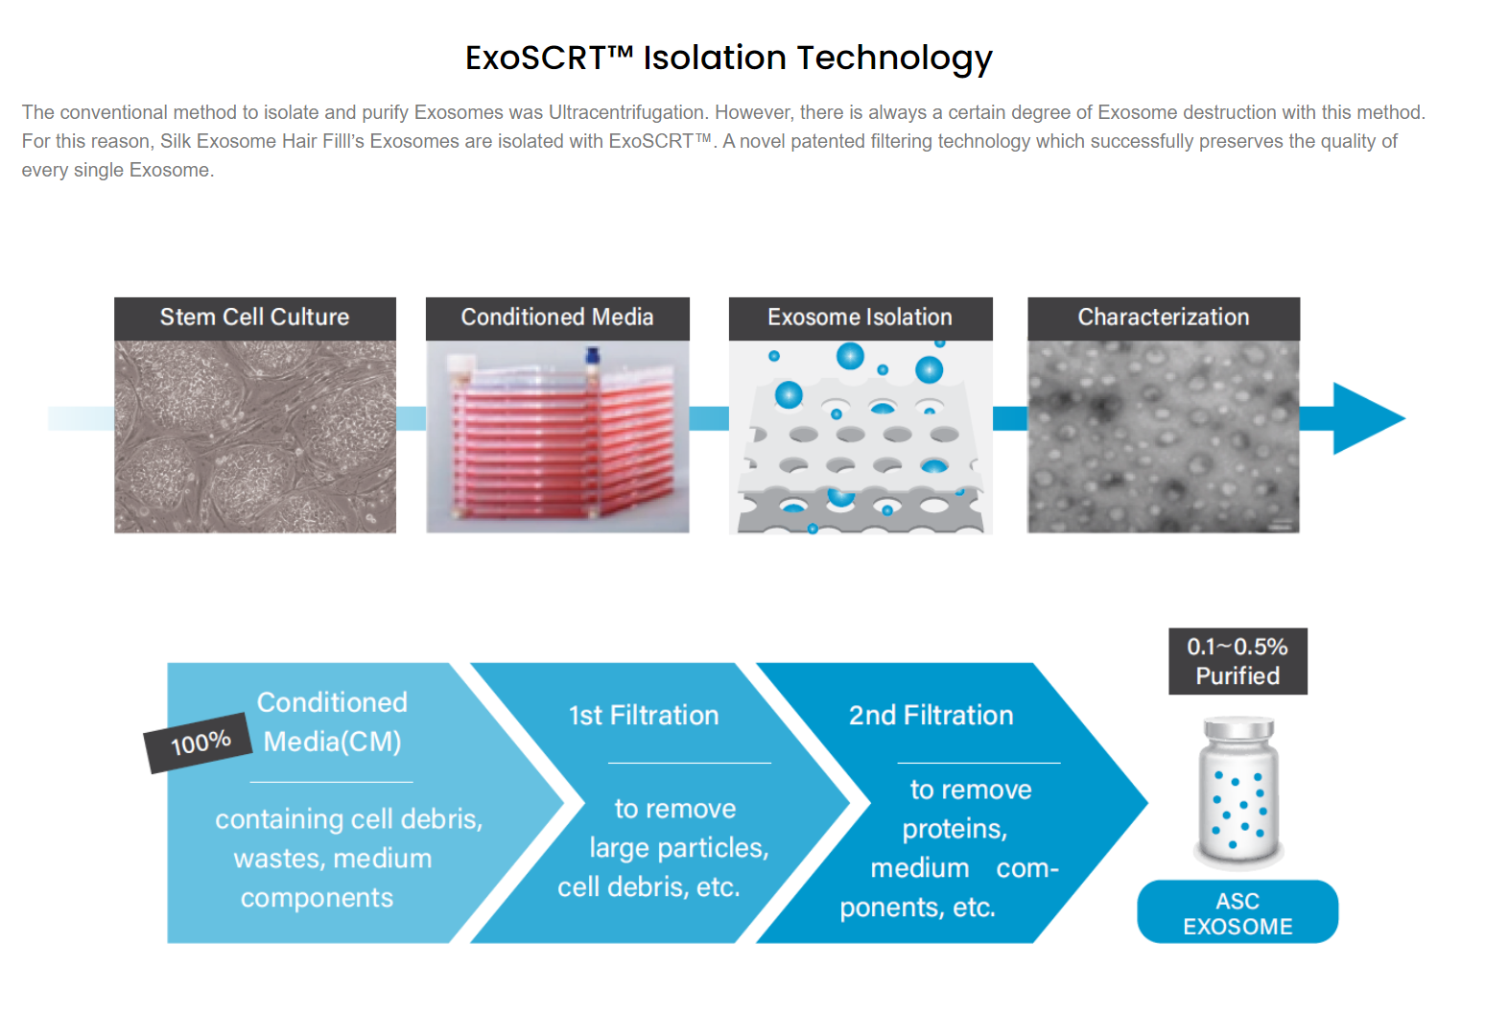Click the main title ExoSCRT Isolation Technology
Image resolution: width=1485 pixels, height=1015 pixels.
[728, 58]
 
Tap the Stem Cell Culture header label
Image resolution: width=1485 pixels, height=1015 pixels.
[254, 317]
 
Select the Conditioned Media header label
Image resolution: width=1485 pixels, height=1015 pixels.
[557, 317]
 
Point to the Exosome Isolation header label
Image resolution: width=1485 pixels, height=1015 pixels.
[860, 317]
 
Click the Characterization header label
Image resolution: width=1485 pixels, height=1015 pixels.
[1164, 317]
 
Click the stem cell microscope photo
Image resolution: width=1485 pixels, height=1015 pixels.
[254, 437]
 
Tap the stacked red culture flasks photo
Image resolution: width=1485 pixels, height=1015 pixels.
[557, 437]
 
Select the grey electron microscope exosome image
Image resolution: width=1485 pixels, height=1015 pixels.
[1164, 437]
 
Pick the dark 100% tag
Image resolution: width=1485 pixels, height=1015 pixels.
[199, 743]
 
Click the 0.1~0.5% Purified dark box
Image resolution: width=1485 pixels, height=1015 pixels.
[1237, 661]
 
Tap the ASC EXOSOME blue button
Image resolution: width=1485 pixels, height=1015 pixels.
[1237, 912]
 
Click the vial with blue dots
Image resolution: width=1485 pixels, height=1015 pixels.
[1238, 792]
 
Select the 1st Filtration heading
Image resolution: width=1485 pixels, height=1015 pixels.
[644, 716]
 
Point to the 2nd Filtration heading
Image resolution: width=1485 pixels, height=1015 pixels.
[931, 716]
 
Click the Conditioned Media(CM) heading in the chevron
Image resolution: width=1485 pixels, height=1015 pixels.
[332, 722]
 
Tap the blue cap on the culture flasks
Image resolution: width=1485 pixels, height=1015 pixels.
[593, 355]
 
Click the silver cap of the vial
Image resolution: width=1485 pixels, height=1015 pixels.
[1238, 728]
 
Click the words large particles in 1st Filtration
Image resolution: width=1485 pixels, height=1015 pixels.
[679, 848]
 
